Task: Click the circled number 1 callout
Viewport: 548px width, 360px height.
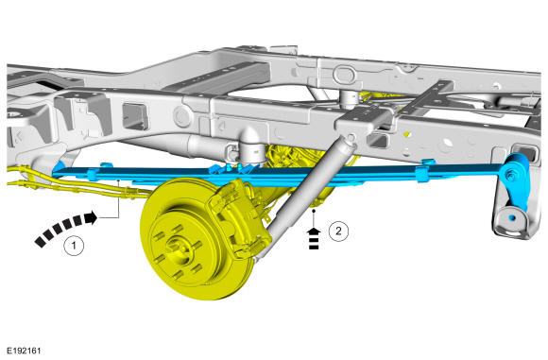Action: [x=74, y=246]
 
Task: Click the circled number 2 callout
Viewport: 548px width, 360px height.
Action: [x=338, y=231]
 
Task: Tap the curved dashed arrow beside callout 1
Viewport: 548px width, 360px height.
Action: [x=64, y=227]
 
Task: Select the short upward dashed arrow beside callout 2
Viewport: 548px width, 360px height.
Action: [x=314, y=239]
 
